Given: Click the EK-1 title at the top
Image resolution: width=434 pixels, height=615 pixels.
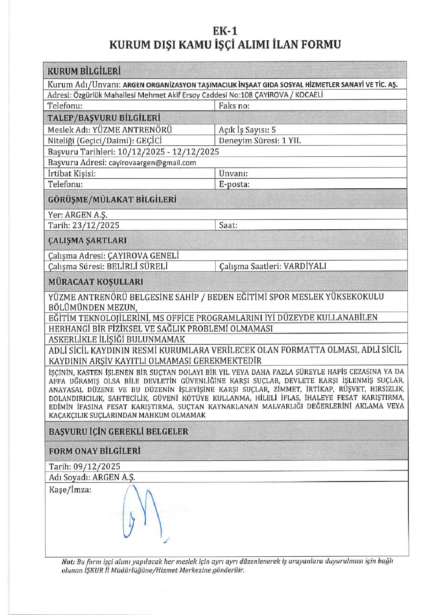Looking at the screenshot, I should click(225, 31).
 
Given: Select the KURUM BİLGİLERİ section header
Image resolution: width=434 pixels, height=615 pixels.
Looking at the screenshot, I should click(84, 71).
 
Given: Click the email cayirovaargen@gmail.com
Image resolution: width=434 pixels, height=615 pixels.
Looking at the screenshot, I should click(152, 163).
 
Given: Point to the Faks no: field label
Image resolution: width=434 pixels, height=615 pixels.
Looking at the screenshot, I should click(234, 106).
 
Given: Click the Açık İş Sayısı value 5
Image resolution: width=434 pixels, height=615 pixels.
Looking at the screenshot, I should click(273, 130).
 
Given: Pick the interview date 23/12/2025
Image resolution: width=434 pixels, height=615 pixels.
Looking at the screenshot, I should click(96, 225).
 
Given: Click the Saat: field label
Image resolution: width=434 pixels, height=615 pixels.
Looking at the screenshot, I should click(228, 225).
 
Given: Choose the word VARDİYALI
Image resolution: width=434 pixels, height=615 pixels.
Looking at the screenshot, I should click(305, 266).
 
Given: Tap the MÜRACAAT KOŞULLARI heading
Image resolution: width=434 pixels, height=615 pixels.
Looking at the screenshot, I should click(96, 282).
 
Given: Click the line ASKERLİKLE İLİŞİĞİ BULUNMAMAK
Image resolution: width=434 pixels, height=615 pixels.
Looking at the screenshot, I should click(117, 339).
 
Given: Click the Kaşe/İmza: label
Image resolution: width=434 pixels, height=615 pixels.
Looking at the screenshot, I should click(70, 490).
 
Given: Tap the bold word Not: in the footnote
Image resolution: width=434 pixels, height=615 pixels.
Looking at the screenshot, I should click(68, 562).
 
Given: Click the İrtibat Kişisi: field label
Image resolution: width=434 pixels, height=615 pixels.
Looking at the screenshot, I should click(72, 174).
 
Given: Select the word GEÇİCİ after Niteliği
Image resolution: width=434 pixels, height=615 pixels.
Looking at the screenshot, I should click(149, 141).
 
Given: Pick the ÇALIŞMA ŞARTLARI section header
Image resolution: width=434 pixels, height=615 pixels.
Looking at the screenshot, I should click(87, 241).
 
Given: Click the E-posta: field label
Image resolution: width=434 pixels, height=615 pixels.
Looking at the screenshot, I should click(234, 184).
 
